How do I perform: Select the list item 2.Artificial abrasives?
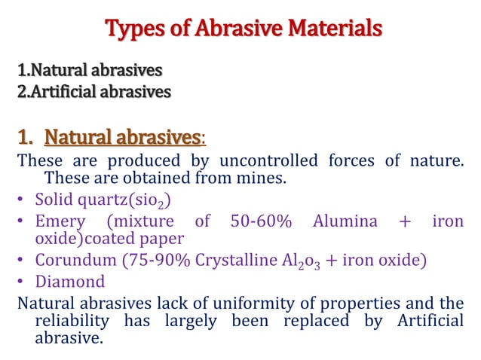click(x=94, y=93)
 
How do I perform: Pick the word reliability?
click(x=79, y=322)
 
